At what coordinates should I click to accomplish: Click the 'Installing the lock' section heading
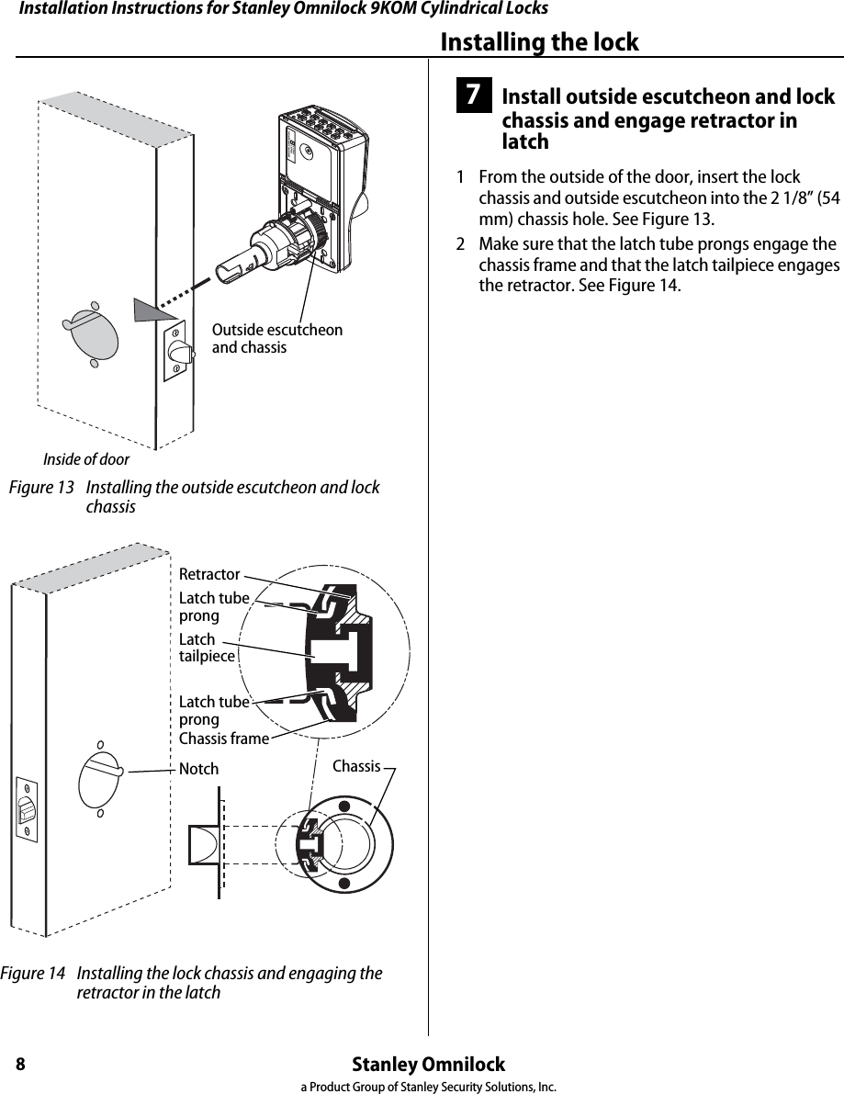(x=539, y=42)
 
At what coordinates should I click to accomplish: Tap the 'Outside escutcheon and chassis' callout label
(x=276, y=339)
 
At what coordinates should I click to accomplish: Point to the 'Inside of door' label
(x=86, y=459)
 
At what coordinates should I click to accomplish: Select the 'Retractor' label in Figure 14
(x=209, y=574)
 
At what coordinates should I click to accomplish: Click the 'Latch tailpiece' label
(x=206, y=648)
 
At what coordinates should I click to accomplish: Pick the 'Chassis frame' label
(x=224, y=739)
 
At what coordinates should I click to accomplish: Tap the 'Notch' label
(x=198, y=769)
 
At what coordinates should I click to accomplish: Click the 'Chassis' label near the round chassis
(x=356, y=765)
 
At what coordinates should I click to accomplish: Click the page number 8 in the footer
(x=19, y=1065)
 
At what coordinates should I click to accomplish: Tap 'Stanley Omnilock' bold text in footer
(x=429, y=1065)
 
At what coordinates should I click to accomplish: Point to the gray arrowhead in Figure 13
(x=146, y=310)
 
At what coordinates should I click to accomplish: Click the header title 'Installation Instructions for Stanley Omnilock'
(x=284, y=9)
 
